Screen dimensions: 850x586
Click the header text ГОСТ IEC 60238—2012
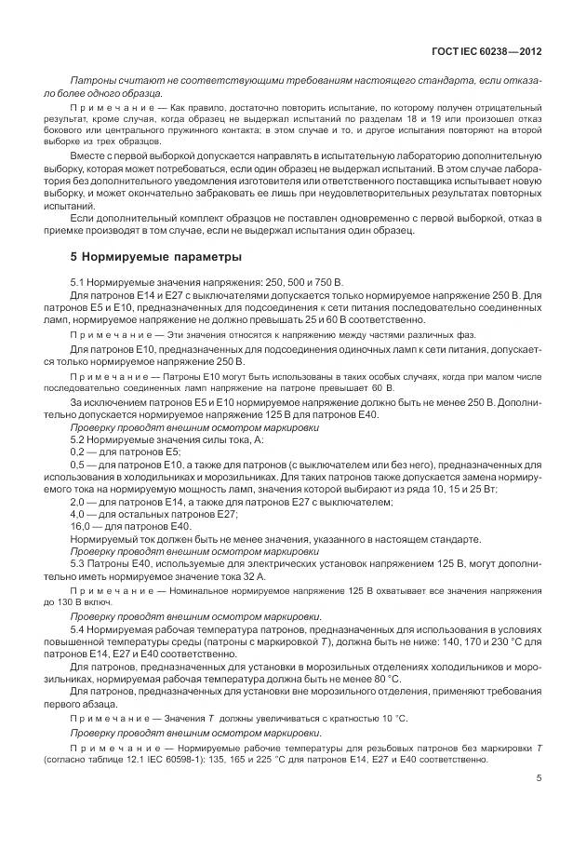[488, 51]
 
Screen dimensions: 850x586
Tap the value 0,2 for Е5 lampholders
[78, 450]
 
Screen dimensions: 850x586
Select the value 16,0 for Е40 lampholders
[80, 525]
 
